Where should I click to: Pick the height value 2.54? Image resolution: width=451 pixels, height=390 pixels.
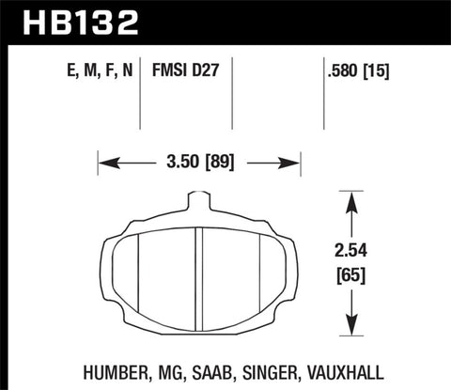[x=350, y=250]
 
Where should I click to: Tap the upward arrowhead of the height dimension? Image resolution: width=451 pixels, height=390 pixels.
[x=350, y=199]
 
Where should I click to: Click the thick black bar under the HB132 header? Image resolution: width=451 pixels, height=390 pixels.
[x=225, y=43]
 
